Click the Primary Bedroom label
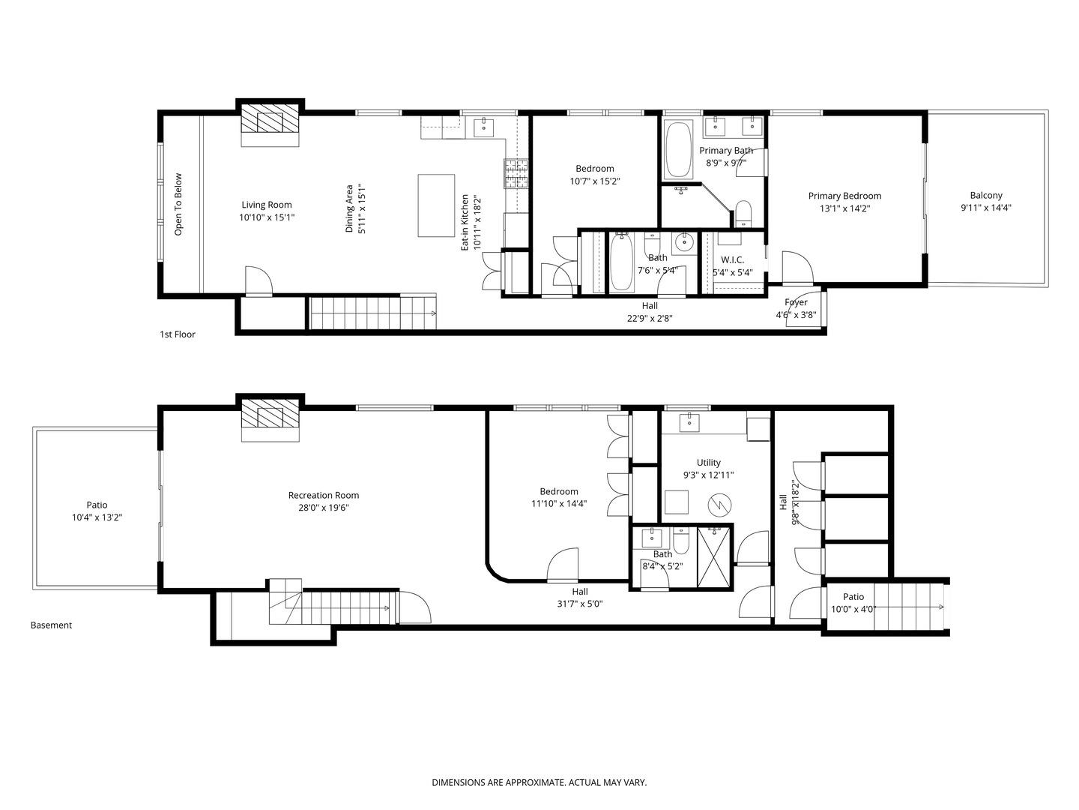[844, 196]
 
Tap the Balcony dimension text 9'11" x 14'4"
[985, 208]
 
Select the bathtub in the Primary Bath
[678, 149]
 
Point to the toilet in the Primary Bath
[743, 214]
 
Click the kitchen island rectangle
[436, 205]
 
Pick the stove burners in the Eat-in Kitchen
[516, 173]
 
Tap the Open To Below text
[178, 204]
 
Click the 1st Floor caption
[178, 334]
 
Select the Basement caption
[51, 625]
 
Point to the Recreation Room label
[324, 495]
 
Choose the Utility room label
[708, 462]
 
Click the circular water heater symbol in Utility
[719, 505]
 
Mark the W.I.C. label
[732, 259]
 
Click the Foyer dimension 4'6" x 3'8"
[796, 315]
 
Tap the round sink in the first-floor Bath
[683, 241]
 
